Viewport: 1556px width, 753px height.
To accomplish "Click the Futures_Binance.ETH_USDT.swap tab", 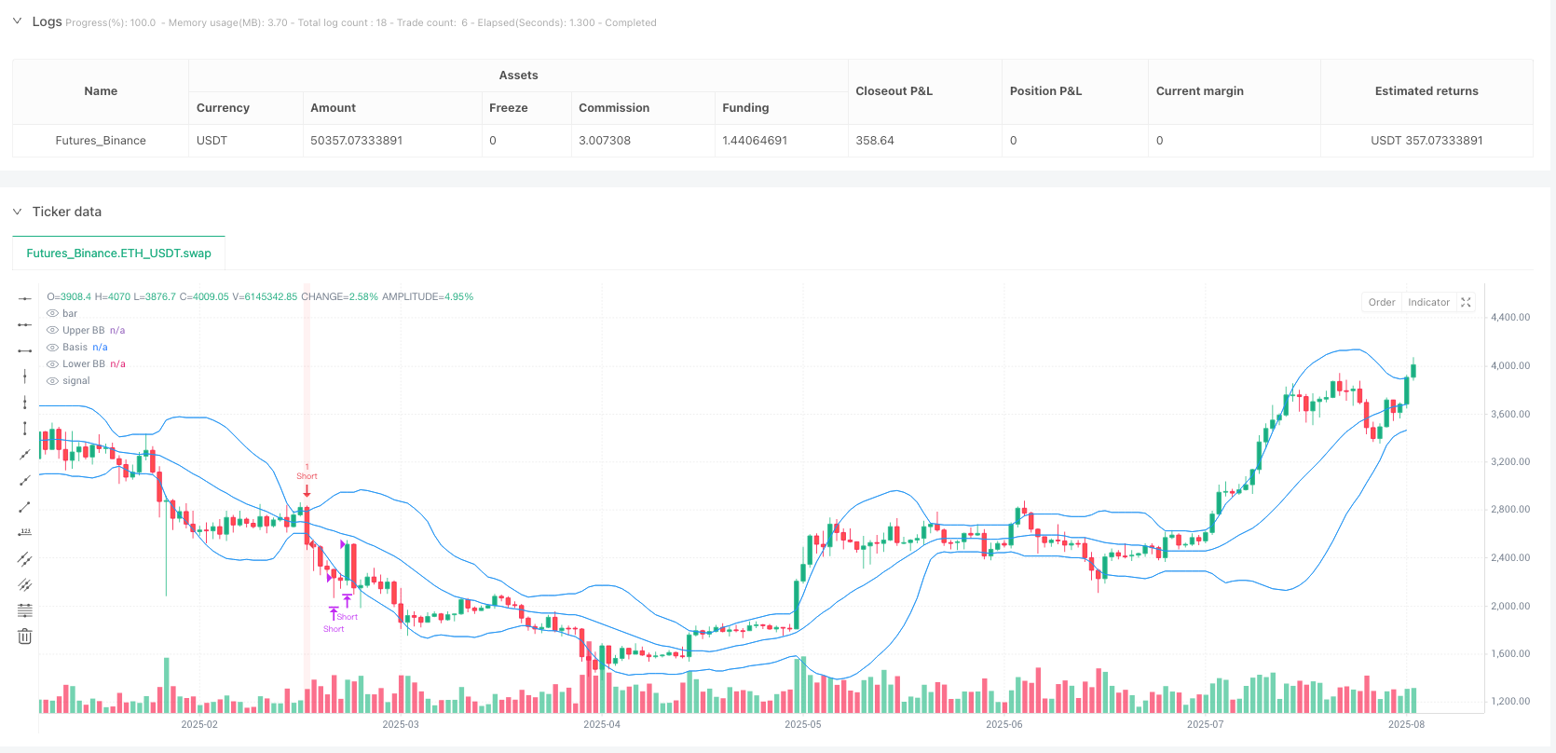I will (118, 253).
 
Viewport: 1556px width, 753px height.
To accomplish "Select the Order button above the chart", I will (1381, 302).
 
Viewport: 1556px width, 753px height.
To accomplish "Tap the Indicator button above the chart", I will (1428, 302).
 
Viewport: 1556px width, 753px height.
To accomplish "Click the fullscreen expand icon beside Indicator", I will (1466, 302).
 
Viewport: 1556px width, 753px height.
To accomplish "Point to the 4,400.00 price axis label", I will (1509, 317).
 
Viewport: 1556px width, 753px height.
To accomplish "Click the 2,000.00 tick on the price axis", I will (1509, 606).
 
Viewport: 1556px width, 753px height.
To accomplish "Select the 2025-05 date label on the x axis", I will (802, 724).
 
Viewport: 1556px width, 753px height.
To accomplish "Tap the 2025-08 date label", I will (1405, 724).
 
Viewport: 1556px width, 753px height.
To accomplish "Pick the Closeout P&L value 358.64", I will (874, 141).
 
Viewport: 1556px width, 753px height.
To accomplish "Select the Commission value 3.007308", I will (604, 141).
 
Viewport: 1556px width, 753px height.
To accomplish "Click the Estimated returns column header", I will (1426, 91).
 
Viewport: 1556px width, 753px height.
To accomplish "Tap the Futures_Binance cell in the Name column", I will (101, 141).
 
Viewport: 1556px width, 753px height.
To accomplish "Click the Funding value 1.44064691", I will (754, 141).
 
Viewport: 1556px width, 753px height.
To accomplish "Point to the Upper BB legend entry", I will (83, 330).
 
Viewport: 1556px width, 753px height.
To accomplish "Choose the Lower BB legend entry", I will (83, 363).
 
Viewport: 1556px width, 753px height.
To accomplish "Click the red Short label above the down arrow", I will (307, 476).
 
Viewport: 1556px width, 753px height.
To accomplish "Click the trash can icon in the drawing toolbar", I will (25, 637).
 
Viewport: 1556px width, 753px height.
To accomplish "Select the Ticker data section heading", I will (66, 212).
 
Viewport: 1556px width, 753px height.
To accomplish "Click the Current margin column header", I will (1199, 91).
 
